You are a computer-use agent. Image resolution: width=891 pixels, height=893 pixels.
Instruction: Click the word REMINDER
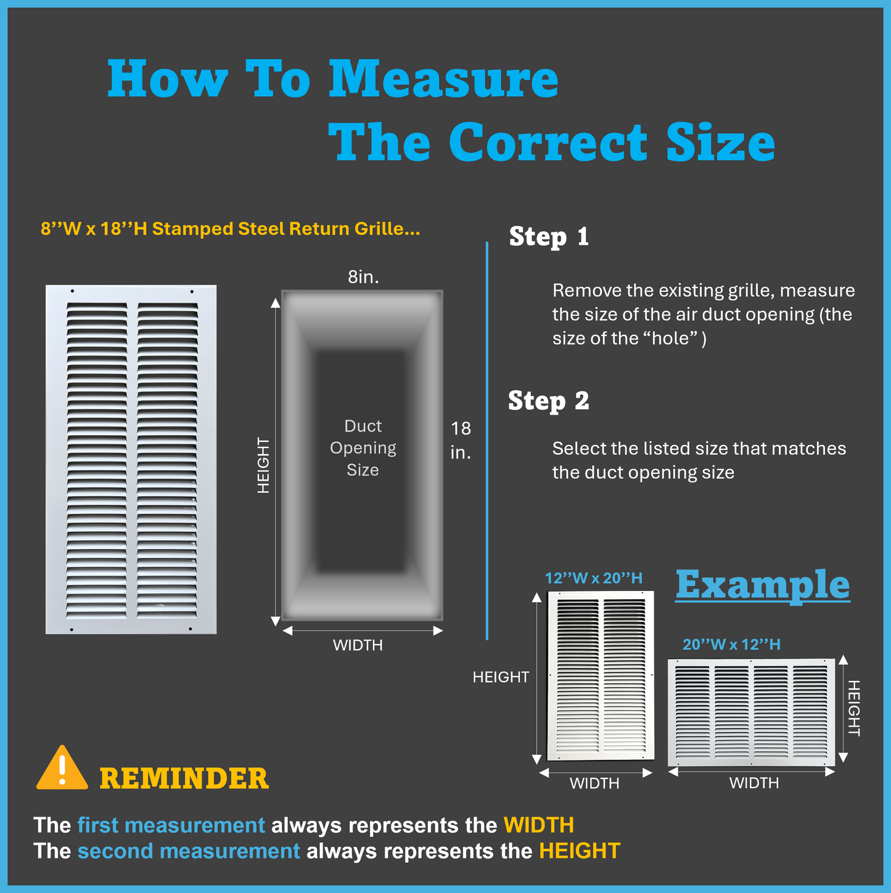(184, 778)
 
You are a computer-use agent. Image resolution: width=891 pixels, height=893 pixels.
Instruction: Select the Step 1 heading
(549, 237)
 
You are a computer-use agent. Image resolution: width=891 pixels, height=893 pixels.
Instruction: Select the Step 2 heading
(548, 401)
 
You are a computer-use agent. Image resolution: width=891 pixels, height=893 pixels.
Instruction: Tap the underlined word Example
(763, 585)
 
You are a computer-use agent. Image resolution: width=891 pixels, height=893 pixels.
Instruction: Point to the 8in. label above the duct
(363, 277)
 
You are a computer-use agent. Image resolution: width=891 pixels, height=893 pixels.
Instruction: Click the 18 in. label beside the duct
(461, 440)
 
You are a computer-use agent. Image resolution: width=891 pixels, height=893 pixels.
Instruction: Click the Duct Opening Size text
(363, 447)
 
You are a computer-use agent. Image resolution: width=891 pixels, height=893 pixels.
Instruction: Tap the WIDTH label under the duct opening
(358, 645)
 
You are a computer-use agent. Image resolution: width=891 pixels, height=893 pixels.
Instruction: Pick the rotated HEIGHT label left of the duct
(263, 465)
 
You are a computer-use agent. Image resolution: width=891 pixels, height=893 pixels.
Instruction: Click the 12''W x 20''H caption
(593, 578)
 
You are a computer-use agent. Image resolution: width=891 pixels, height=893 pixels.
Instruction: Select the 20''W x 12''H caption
(731, 645)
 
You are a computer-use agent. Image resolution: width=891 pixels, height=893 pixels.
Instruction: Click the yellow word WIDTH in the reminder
(539, 825)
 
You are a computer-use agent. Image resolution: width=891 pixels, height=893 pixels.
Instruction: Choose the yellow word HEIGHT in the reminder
(580, 851)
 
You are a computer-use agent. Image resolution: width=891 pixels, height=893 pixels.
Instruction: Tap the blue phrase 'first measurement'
(171, 825)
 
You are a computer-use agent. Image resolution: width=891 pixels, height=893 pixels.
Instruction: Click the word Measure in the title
(444, 80)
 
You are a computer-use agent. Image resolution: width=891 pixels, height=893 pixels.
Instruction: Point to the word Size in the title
(720, 142)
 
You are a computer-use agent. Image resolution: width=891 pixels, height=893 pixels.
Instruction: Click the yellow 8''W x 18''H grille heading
(230, 229)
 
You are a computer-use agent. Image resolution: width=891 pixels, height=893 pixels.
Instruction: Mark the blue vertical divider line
(487, 441)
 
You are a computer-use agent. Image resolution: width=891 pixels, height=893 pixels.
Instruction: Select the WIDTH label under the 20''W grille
(753, 783)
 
